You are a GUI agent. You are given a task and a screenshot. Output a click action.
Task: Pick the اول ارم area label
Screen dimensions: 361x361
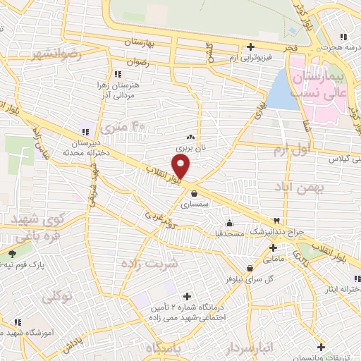tap(291, 150)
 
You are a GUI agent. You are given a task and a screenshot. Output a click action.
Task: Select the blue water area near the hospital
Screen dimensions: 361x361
tap(280, 92)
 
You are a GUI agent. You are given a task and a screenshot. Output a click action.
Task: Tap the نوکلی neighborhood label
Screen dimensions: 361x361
tap(59, 298)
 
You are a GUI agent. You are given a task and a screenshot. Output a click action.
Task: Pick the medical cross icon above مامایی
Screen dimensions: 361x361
tap(273, 247)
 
